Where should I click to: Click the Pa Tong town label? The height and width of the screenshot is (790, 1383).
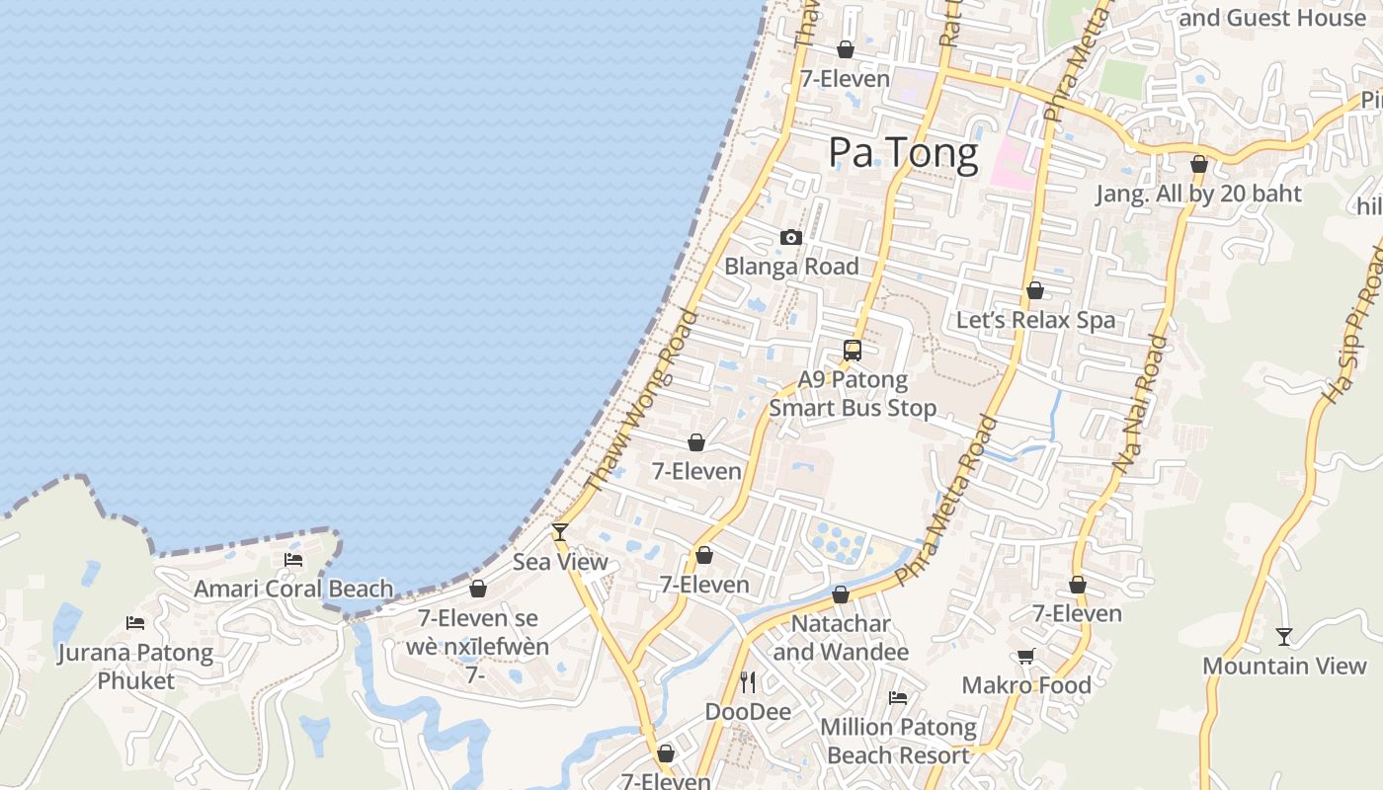point(903,153)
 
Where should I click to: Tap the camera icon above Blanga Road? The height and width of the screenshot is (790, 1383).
point(790,237)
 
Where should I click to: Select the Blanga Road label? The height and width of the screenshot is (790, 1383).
point(791,266)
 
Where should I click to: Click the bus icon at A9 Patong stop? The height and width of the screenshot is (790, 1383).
point(852,350)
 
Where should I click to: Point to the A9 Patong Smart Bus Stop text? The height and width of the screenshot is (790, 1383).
point(853,393)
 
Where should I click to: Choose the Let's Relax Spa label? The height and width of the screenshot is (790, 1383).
point(1035,320)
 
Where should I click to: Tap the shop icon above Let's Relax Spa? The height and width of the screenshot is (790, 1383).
point(1034,290)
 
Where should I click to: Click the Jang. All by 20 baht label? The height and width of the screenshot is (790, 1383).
point(1198,194)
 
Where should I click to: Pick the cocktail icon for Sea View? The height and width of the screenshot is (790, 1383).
point(560,532)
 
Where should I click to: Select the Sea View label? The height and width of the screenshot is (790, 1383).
point(560,562)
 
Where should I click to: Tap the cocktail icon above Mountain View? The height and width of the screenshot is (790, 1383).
point(1283,637)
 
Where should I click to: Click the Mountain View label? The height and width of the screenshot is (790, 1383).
point(1284,666)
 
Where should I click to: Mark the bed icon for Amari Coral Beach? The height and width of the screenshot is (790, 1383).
point(293,560)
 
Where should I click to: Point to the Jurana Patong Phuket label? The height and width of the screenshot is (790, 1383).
point(135,666)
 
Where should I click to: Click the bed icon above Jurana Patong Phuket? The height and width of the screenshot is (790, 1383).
point(135,623)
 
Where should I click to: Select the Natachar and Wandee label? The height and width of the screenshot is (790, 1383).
point(841,638)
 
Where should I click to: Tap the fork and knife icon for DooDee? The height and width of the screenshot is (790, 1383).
point(748,681)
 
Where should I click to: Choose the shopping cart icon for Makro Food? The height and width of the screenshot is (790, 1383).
point(1026,656)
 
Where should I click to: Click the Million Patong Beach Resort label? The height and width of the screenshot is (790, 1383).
point(898,742)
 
